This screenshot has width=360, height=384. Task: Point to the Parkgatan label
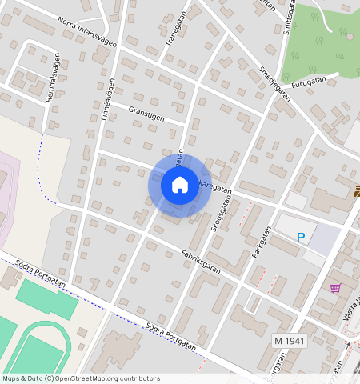click(x=257, y=240)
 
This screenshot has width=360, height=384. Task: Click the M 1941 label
click(x=290, y=341)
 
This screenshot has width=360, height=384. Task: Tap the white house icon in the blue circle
click(x=180, y=185)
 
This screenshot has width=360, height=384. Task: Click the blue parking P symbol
click(x=301, y=237)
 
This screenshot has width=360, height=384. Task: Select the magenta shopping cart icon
click(x=335, y=288)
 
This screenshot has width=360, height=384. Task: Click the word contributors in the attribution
click(x=138, y=378)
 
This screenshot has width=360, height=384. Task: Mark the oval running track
click(x=40, y=344)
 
